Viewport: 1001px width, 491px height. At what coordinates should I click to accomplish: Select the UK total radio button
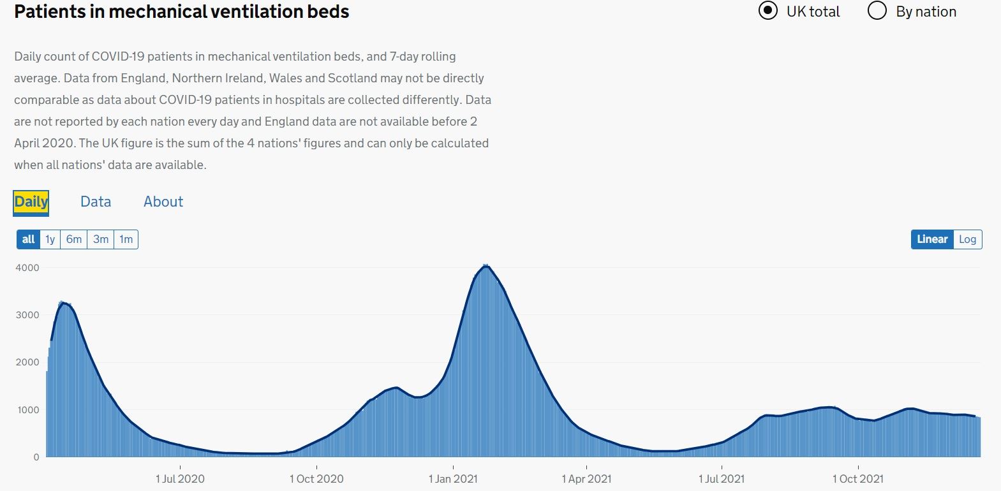[768, 11]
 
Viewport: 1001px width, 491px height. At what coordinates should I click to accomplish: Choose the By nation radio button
[878, 11]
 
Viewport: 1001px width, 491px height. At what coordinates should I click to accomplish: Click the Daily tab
[31, 202]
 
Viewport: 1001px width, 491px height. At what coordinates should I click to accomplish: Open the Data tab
[96, 202]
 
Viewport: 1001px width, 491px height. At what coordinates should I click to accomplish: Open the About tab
[163, 202]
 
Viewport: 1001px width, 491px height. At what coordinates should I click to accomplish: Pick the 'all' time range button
[28, 240]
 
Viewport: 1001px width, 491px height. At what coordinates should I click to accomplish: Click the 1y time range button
[50, 240]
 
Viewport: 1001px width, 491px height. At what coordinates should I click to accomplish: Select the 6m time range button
[74, 240]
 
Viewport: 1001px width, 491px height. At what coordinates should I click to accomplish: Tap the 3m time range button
[101, 240]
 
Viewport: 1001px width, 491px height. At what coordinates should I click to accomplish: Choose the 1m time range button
[126, 240]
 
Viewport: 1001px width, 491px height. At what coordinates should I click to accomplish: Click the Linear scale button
[932, 240]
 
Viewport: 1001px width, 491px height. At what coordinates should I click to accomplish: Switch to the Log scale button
[967, 240]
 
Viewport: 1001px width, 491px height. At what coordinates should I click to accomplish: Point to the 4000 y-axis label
[27, 268]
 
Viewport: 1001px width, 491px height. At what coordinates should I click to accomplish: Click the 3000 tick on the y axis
[27, 315]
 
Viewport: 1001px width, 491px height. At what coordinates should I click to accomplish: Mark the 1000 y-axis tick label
[27, 410]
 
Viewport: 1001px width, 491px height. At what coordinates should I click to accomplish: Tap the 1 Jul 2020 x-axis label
[180, 479]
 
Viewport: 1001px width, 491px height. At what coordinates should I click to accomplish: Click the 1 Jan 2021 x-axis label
[453, 479]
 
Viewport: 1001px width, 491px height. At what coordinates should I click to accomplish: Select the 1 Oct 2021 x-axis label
[858, 479]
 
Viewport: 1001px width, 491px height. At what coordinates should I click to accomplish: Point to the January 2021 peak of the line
[486, 266]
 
